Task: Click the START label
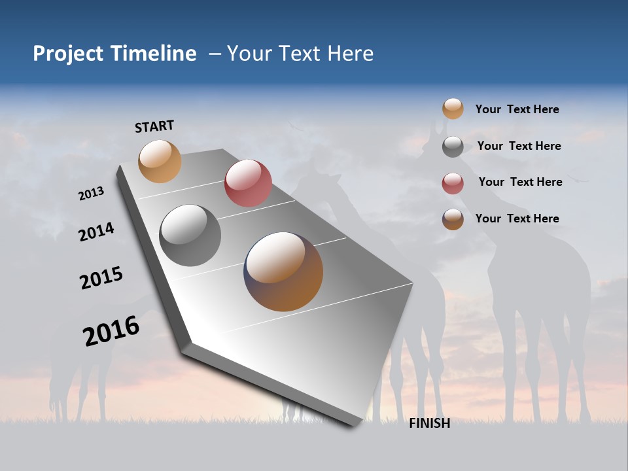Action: (154, 126)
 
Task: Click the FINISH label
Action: (429, 423)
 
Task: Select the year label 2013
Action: (91, 194)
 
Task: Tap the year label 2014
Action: (96, 232)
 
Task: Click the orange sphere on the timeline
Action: (160, 161)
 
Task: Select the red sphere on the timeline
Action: (248, 183)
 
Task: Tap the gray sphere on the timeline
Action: (190, 235)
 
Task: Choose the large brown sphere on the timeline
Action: (283, 271)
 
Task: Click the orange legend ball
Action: (453, 109)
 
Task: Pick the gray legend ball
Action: (453, 147)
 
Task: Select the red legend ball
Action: (453, 183)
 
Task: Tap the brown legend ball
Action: (453, 220)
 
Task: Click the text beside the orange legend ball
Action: (517, 109)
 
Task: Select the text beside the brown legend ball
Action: (517, 218)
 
